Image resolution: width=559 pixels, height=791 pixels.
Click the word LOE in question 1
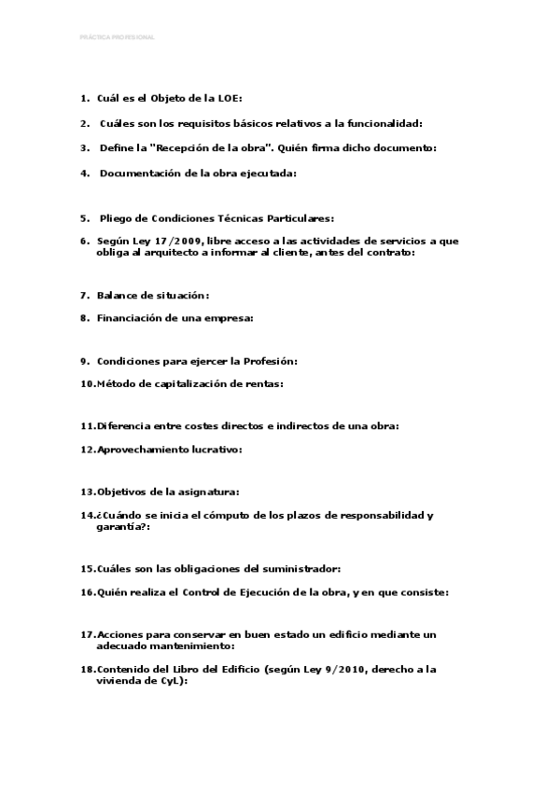[230, 98]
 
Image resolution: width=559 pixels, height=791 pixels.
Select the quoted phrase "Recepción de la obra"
[209, 147]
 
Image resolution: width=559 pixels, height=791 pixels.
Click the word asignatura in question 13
[209, 491]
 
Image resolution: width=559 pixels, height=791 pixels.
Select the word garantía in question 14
[118, 526]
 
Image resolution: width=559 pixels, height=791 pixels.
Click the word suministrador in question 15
[298, 568]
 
